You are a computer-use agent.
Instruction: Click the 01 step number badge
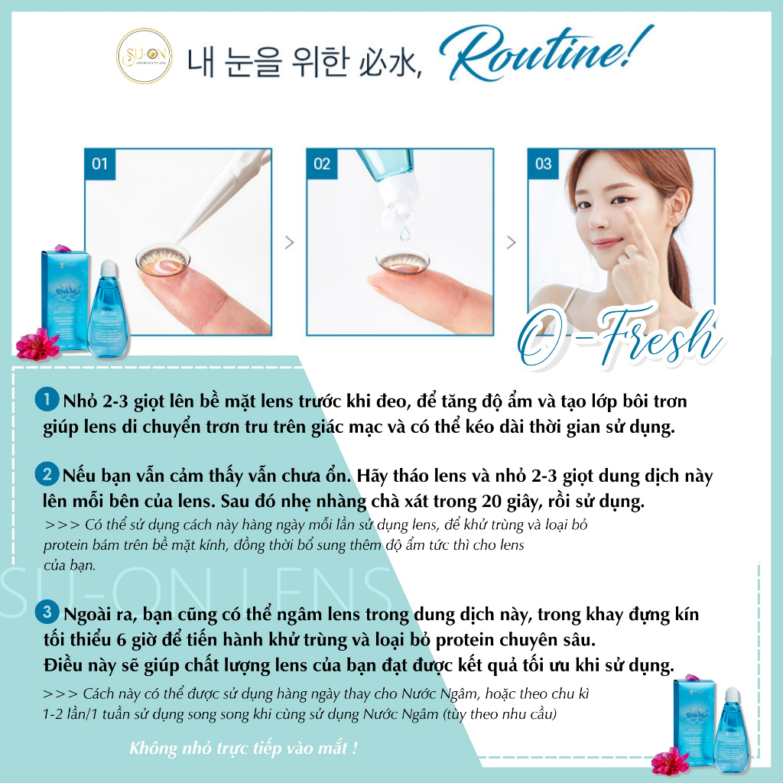[99, 164]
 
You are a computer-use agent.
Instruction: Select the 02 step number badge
[322, 164]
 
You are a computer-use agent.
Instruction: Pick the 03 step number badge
[543, 164]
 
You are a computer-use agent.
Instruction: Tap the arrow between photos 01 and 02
[289, 243]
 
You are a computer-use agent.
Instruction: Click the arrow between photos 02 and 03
[511, 243]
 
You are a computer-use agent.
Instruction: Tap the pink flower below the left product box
[37, 345]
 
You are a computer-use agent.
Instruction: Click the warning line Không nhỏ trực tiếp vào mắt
[244, 748]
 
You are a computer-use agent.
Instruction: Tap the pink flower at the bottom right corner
[670, 761]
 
